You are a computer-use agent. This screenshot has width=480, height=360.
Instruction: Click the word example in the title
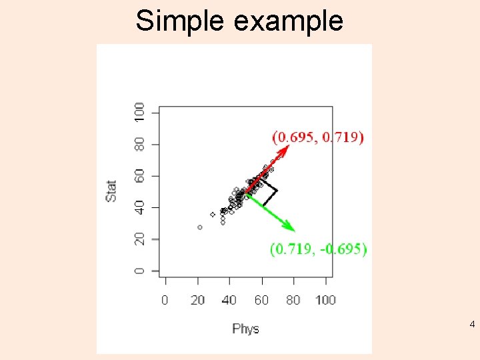[289, 22]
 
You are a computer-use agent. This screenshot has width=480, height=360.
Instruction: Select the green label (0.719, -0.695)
[318, 249]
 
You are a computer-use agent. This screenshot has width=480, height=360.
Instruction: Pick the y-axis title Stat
[111, 191]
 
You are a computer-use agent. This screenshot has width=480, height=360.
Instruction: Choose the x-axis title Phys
[245, 329]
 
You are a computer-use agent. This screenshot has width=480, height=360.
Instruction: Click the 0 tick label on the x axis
[165, 300]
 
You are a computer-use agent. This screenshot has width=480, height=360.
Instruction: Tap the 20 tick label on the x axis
[197, 300]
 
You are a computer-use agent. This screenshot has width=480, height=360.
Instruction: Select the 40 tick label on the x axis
[229, 300]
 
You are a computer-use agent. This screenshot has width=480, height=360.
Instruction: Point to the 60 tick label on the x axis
[261, 300]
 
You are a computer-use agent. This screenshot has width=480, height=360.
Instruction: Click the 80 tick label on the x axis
[293, 300]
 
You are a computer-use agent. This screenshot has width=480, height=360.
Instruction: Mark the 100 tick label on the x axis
[325, 300]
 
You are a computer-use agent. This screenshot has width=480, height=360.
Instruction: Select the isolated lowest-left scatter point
[200, 227]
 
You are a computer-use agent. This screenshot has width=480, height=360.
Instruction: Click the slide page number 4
[472, 325]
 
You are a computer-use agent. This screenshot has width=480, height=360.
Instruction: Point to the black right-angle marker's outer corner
[276, 191]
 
